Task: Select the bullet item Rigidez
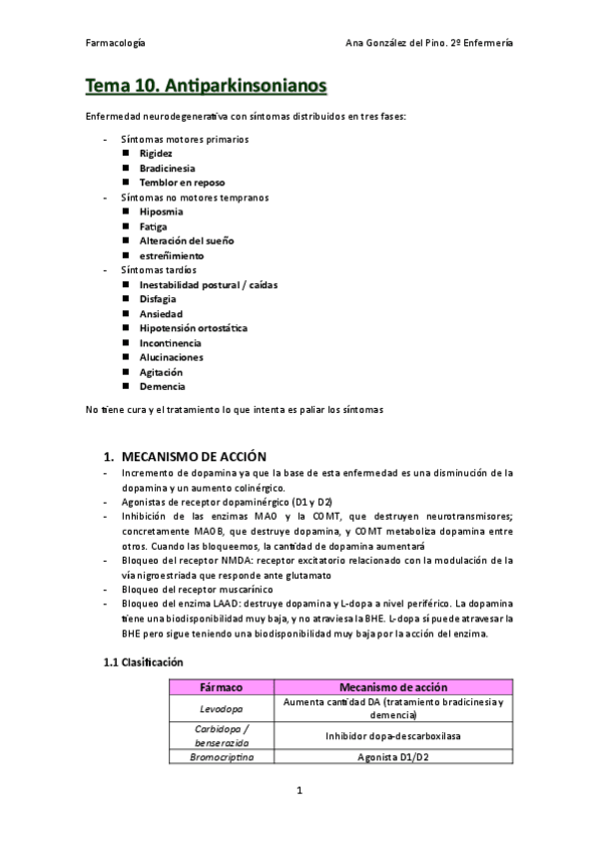tap(156, 154)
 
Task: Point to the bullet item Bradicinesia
tap(167, 169)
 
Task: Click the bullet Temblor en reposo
tap(182, 183)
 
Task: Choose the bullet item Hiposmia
tap(161, 211)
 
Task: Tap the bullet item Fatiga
tap(154, 226)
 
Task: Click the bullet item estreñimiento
tap(172, 255)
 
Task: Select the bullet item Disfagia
tap(159, 299)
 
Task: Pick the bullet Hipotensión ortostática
tap(194, 328)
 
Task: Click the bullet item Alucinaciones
tap(171, 357)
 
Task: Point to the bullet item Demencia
tap(162, 386)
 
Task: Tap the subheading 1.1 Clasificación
tap(144, 662)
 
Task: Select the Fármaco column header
tap(221, 687)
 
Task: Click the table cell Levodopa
tap(221, 708)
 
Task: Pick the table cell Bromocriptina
tap(221, 757)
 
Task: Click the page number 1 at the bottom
tap(299, 791)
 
